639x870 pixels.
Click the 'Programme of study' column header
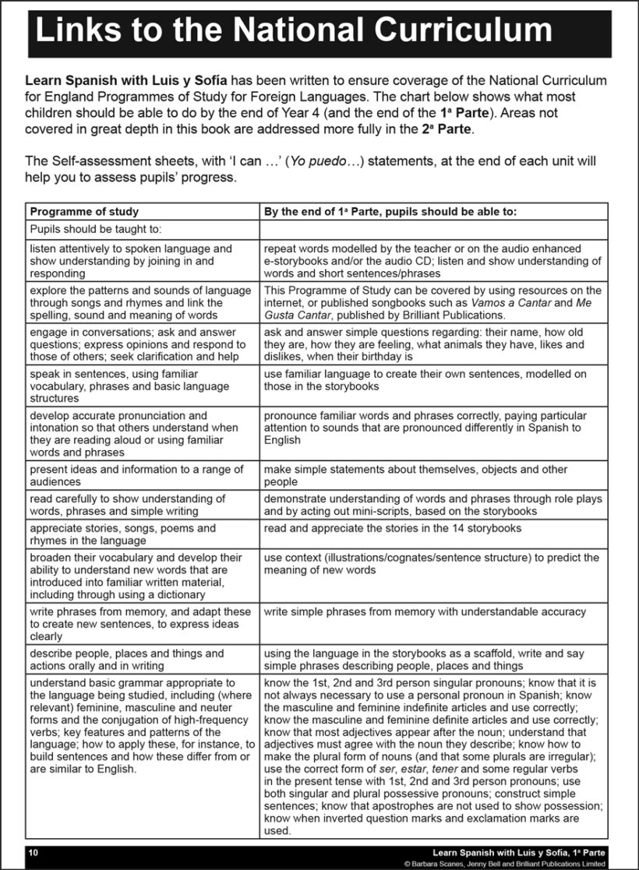[x=84, y=211]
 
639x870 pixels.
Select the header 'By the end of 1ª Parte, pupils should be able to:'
[x=390, y=211]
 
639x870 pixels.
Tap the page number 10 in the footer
[x=33, y=854]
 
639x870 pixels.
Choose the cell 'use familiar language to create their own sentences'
[x=425, y=380]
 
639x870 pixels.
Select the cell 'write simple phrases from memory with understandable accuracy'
[x=425, y=612]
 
